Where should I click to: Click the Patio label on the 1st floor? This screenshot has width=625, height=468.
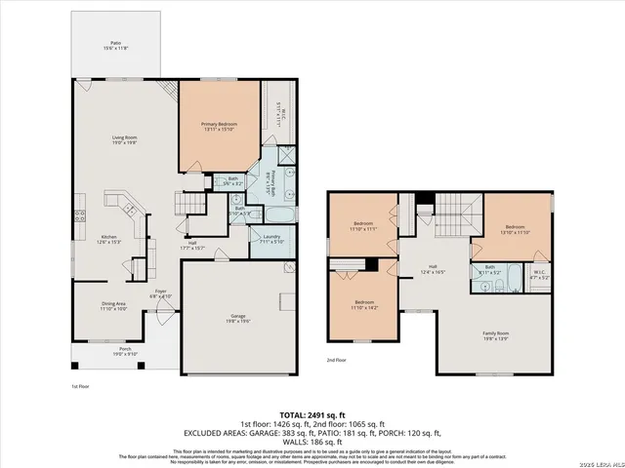(115, 45)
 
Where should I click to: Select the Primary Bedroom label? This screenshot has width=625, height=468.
(219, 126)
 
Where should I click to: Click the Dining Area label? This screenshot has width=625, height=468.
(113, 306)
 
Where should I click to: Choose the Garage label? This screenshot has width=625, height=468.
(239, 318)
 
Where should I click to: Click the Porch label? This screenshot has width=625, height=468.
(125, 352)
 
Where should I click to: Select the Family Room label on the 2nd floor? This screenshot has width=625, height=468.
(496, 334)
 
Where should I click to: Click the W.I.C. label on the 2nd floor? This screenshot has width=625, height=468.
(539, 276)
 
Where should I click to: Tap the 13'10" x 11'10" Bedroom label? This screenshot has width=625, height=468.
(515, 231)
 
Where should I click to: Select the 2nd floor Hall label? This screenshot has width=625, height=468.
(434, 270)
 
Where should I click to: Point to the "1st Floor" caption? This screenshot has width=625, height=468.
(80, 387)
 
